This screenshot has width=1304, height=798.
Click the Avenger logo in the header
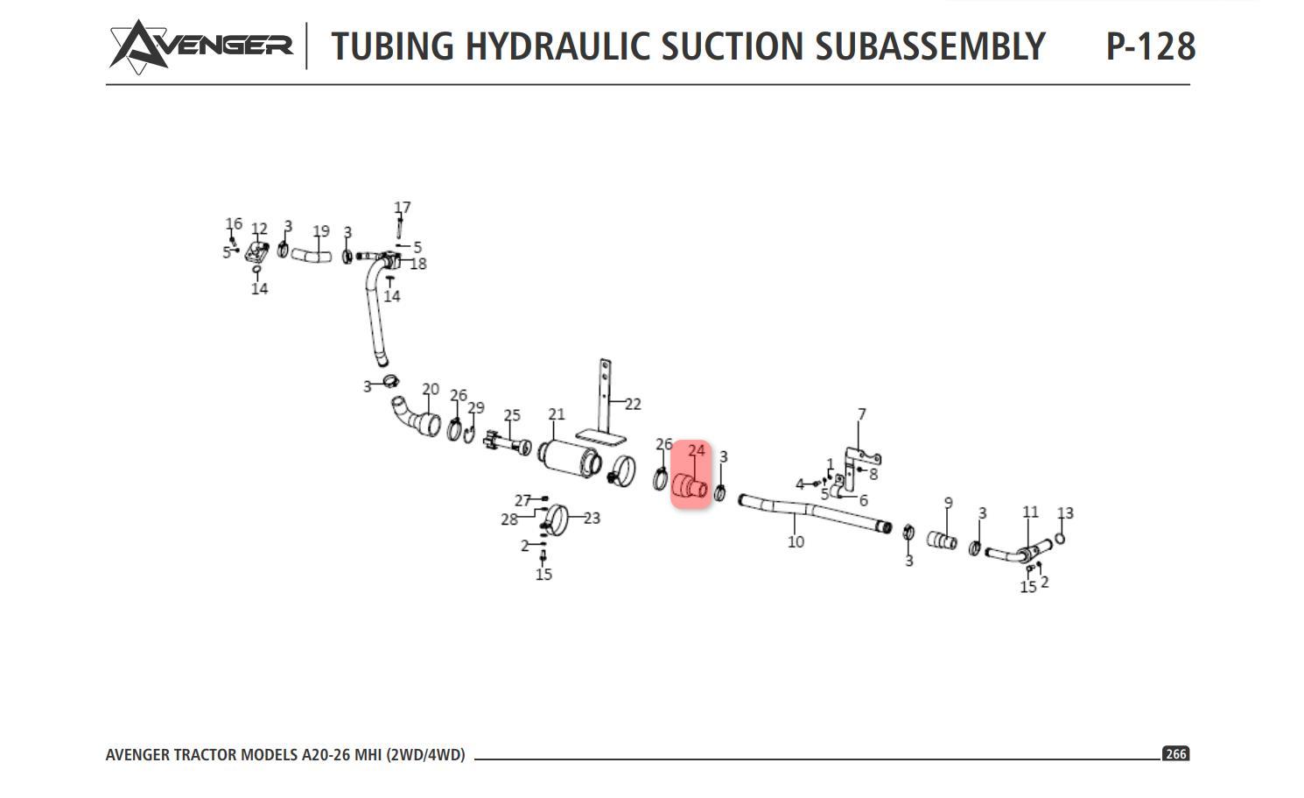pyautogui.click(x=200, y=46)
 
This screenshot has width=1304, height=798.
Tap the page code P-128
pyautogui.click(x=1150, y=46)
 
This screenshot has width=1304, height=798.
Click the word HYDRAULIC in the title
pyautogui.click(x=557, y=46)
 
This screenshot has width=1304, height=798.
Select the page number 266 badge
pyautogui.click(x=1175, y=753)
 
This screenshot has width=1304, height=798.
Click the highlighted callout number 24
pyautogui.click(x=697, y=450)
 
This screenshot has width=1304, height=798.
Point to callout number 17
pyautogui.click(x=403, y=208)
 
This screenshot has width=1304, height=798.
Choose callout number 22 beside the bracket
pyautogui.click(x=633, y=404)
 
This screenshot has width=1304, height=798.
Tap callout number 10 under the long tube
pyautogui.click(x=796, y=541)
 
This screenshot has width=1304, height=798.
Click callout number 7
pyautogui.click(x=861, y=414)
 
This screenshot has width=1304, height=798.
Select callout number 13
pyautogui.click(x=1065, y=513)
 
